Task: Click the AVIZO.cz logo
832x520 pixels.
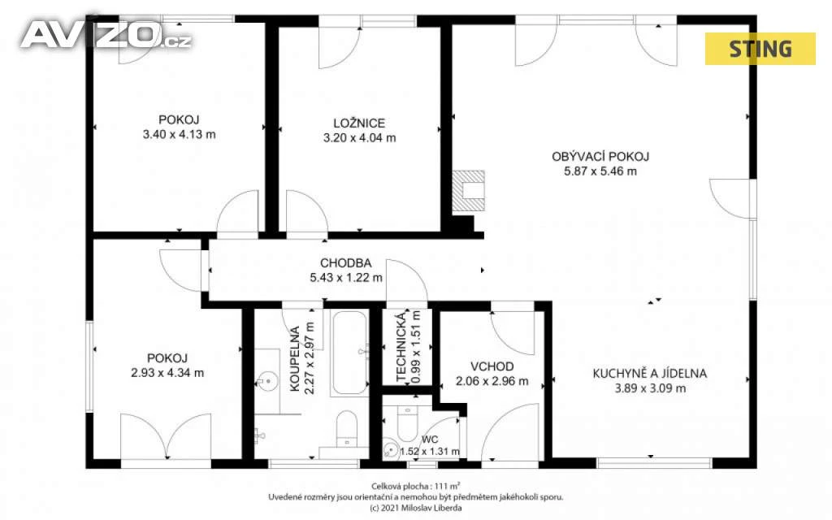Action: click(106, 36)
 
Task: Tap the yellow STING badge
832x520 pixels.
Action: click(760, 49)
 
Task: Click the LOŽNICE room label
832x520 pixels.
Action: click(359, 123)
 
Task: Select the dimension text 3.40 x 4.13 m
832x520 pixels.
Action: click(180, 135)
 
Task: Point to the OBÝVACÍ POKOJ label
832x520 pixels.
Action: click(600, 157)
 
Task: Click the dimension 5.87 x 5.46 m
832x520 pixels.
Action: click(600, 171)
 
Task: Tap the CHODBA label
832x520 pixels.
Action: click(346, 262)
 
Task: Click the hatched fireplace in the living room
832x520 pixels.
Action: click(468, 191)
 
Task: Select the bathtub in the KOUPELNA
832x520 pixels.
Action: click(349, 353)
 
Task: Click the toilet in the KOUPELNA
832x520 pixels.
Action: click(347, 428)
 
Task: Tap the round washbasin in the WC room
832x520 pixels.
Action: click(391, 449)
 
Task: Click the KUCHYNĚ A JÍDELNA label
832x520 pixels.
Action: click(650, 374)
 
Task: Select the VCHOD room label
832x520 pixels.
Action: click(492, 366)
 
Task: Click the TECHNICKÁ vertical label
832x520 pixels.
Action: click(401, 346)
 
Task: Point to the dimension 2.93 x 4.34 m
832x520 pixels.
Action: click(167, 373)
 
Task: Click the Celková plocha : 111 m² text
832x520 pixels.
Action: click(415, 486)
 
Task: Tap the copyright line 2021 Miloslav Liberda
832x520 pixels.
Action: click(415, 508)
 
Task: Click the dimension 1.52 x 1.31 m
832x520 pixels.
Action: click(430, 452)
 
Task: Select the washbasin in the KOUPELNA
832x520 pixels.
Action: click(267, 381)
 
